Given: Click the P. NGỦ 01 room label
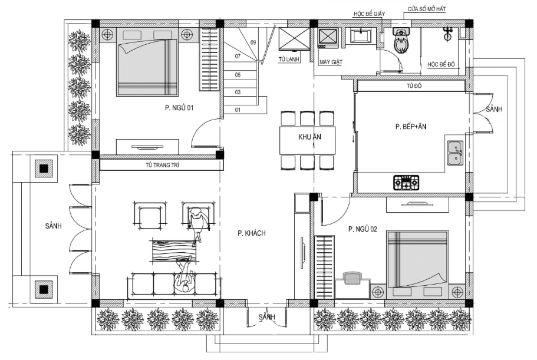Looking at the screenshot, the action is (179, 108).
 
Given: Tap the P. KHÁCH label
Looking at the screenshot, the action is (252, 233).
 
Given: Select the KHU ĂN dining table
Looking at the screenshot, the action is (307, 140).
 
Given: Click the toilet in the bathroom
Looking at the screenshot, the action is (401, 41).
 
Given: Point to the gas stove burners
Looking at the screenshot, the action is (406, 183).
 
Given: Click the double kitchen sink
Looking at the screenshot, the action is (456, 153).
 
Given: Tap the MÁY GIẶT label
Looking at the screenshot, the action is (331, 62).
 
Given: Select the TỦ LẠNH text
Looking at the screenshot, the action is (289, 59).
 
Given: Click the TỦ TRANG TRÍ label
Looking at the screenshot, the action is (162, 165).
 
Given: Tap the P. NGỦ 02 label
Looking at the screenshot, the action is (363, 229).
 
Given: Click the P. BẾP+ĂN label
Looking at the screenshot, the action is (411, 127).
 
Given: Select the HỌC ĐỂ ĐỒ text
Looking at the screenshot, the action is (441, 64).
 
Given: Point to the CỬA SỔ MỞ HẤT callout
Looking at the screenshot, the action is (427, 9).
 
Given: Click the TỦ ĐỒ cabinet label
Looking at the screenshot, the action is (414, 85).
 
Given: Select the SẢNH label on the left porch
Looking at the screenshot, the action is (54, 226).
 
